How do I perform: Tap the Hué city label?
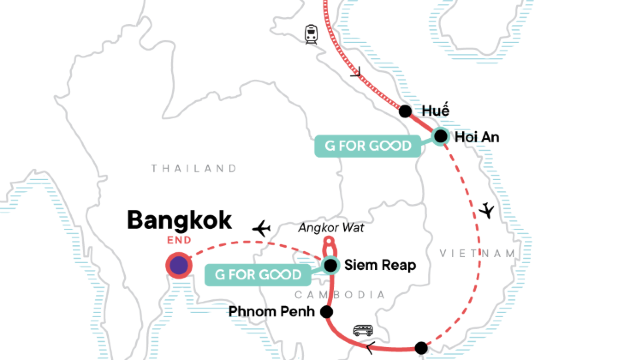pyautogui.click(x=436, y=110)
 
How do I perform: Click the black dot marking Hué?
pyautogui.click(x=405, y=111)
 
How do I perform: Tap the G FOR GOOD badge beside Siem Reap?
pyautogui.click(x=255, y=273)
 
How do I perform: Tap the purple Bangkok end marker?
pyautogui.click(x=178, y=265)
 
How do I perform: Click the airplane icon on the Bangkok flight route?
pyautogui.click(x=263, y=228)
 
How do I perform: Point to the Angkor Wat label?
pyautogui.click(x=331, y=228)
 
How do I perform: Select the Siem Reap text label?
pyautogui.click(x=380, y=265)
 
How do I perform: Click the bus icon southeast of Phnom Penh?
pyautogui.click(x=364, y=331)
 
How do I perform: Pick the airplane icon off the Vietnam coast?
pyautogui.click(x=487, y=211)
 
